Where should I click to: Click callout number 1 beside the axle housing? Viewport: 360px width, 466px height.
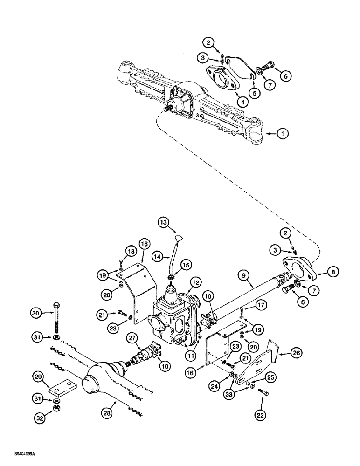click(x=282, y=134)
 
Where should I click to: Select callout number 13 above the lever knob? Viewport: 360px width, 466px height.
click(x=176, y=223)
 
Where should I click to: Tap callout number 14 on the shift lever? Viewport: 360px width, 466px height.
click(x=157, y=256)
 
